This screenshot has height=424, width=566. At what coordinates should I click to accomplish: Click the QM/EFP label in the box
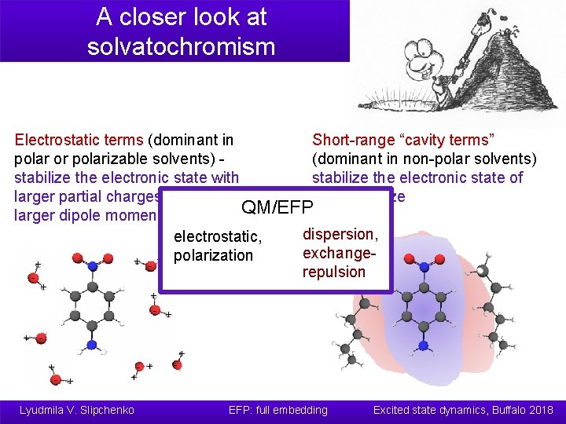277,207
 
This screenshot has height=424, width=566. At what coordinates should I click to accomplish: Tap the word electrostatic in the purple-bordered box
217,236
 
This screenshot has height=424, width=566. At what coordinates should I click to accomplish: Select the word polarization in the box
213,255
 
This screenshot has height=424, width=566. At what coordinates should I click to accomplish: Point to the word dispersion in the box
340,234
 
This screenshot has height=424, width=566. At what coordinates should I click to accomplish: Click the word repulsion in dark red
334,272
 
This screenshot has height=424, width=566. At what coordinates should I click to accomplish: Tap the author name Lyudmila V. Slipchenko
77,410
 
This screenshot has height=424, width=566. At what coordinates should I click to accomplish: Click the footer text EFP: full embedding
277,410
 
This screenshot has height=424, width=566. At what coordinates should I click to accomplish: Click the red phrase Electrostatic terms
79,140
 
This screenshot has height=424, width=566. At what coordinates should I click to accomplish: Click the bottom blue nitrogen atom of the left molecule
91,344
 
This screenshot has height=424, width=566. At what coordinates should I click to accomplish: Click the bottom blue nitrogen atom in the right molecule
424,345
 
